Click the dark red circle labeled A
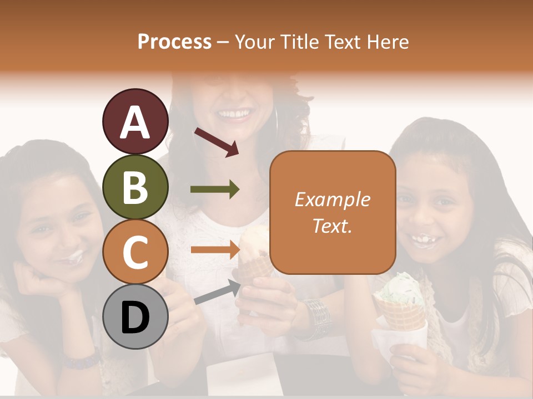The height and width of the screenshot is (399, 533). coord(135,121)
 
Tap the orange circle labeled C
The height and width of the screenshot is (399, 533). coord(135,252)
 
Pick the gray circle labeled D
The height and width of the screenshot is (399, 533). coord(135,317)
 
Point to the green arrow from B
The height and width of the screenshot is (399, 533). coord(215,190)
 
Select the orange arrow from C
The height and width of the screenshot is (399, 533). coord(215,250)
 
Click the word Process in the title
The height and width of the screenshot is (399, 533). coord(174,42)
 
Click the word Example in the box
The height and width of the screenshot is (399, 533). coord(332,199)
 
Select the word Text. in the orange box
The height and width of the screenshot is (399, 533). coord(332,226)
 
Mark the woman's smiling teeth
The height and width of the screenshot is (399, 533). coord(234,115)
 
